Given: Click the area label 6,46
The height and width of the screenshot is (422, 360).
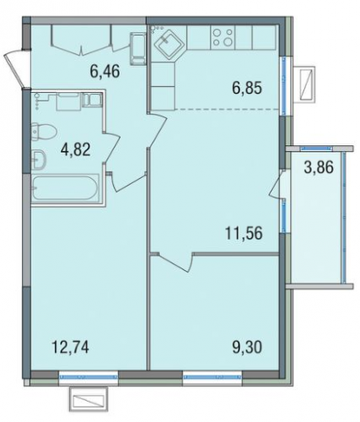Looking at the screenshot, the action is [105, 71].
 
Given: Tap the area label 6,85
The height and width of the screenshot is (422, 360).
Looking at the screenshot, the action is [247, 88].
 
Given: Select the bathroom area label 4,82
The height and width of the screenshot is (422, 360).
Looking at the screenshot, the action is [75, 149].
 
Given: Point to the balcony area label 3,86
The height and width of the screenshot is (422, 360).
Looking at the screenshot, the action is [319, 167].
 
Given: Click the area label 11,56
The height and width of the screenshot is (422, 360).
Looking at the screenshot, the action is [244, 233].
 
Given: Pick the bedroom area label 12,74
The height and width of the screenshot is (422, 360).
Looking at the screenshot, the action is [70, 347].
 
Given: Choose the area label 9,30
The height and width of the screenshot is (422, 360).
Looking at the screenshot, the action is [247, 347].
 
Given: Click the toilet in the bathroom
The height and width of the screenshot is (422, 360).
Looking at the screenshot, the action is [44, 132].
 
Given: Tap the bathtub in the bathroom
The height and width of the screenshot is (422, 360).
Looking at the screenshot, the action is [66, 187].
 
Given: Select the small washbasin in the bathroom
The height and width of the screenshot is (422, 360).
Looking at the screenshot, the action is [39, 160].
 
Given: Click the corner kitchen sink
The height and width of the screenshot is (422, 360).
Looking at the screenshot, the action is [167, 44].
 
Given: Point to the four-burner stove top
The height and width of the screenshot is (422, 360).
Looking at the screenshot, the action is [223, 38].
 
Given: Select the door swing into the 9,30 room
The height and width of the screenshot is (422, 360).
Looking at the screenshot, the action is [175, 262].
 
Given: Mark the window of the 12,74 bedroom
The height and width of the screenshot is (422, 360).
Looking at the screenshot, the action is [89, 376].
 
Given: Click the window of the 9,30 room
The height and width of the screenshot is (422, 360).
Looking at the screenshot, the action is [212, 376].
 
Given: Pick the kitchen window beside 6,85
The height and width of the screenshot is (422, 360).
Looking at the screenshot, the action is [284, 85].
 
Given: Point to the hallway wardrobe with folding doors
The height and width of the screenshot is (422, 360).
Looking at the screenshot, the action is [83, 39].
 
